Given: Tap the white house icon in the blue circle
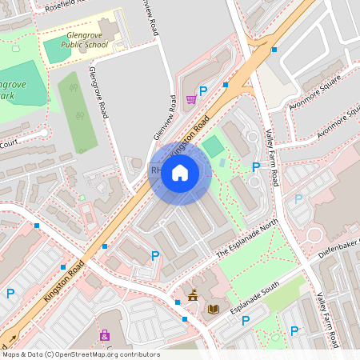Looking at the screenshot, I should point(180,173).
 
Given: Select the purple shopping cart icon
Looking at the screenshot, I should point(191,99).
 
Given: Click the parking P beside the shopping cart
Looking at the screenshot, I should point(203,92).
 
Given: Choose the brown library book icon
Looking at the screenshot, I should point(212,309).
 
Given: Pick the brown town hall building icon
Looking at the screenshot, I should point(192,296).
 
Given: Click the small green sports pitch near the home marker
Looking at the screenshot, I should point(213,146).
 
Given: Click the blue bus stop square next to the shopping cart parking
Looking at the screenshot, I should point(226,84).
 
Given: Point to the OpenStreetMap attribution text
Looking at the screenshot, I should point(70,354).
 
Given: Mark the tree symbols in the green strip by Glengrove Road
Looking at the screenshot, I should point(78,114).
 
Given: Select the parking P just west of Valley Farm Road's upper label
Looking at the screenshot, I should point(256,167).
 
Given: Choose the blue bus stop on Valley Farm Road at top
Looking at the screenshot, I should point(274,50).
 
